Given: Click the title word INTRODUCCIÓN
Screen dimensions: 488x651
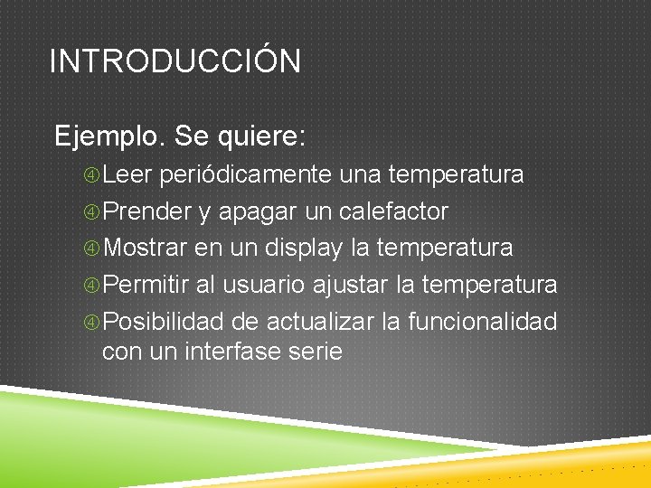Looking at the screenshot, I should tap(175, 61).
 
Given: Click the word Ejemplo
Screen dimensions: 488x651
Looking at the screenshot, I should tap(109, 137).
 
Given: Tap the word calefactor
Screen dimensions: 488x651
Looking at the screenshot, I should tap(393, 211).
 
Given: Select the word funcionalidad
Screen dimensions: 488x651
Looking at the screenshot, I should tap(482, 322).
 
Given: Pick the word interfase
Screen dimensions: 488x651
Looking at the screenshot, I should tap(229, 352).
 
